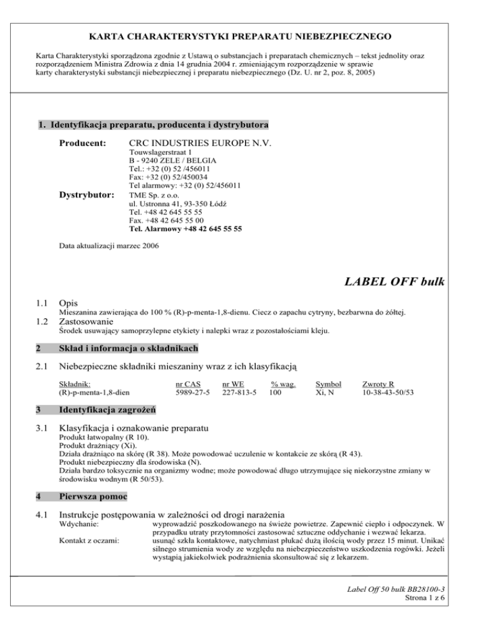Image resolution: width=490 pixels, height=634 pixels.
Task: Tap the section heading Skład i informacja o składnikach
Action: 128,348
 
